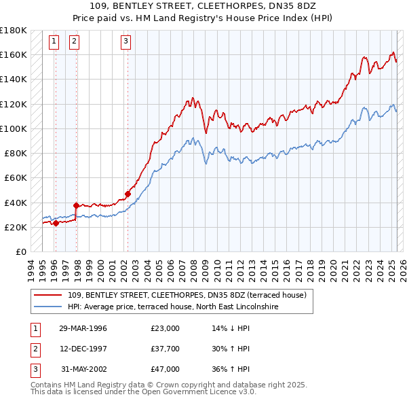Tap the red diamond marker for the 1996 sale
tap(56, 224)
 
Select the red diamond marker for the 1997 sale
tap(76, 205)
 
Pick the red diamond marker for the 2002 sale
tap(128, 194)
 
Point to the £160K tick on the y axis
tap(14, 54)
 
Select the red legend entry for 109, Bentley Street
tap(187, 295)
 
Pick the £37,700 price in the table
tap(166, 349)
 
